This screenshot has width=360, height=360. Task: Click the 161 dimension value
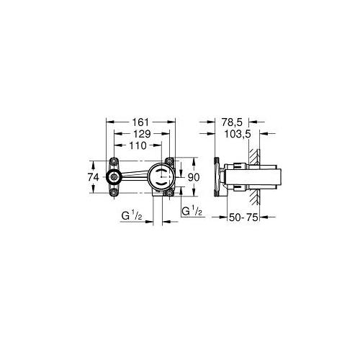point(140,122)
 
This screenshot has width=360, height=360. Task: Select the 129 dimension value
point(142,134)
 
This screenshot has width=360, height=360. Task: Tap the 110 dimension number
point(138,145)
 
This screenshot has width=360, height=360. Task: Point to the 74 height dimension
point(94,177)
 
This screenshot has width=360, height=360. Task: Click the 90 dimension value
point(194,177)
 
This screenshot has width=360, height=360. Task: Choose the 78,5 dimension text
point(232,122)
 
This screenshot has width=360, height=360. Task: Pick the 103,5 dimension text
point(238,134)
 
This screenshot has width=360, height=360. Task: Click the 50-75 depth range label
point(243,217)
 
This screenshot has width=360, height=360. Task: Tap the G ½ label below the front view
point(132,216)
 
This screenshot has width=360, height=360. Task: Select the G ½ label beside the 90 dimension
point(192,212)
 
